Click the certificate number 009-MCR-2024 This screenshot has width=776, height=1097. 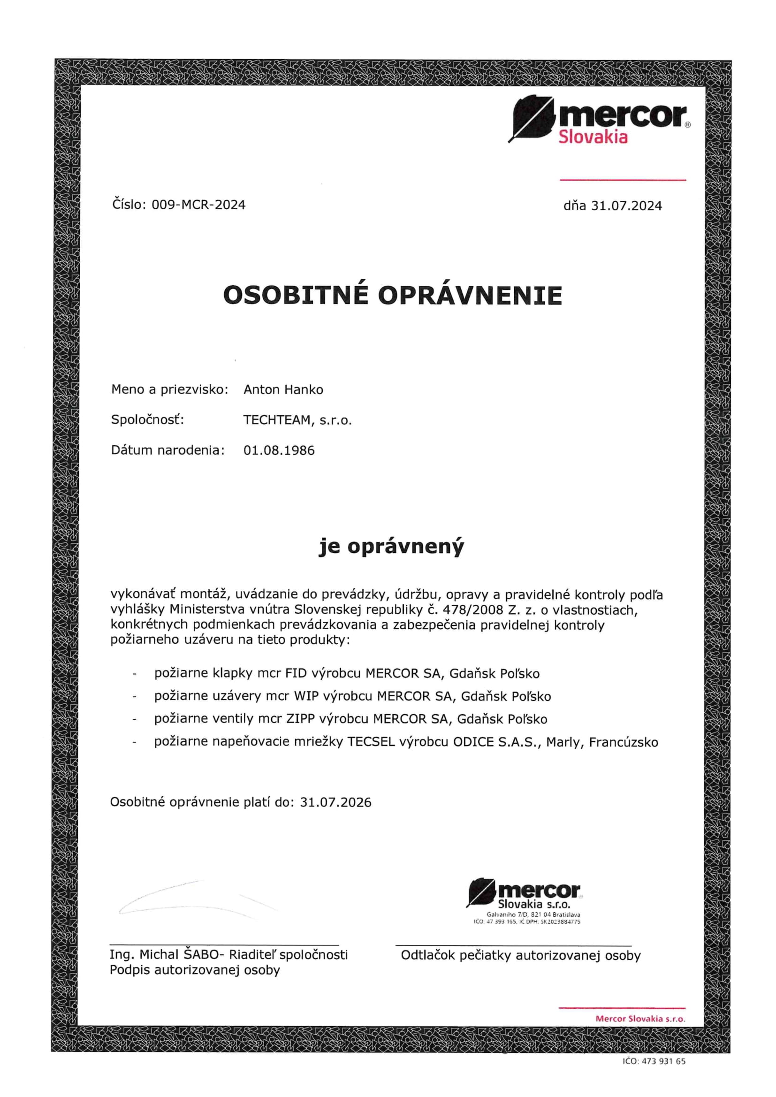coord(198,205)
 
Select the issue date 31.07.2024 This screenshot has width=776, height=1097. coord(626,206)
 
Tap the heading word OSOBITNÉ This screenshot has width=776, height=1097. coord(296,295)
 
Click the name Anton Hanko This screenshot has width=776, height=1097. coord(283,390)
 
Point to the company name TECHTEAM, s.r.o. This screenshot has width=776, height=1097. coord(297,420)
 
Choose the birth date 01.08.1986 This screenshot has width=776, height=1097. coord(279,450)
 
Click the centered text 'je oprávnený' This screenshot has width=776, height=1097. coord(391,547)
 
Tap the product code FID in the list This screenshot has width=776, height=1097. coord(296,674)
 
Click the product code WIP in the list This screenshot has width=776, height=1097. coord(306,696)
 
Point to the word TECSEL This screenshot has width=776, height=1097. coord(371,742)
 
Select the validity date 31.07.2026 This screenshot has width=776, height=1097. coord(335,802)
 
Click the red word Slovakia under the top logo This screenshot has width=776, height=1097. coord(593,137)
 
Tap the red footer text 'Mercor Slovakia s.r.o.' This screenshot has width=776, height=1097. coord(640,1019)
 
